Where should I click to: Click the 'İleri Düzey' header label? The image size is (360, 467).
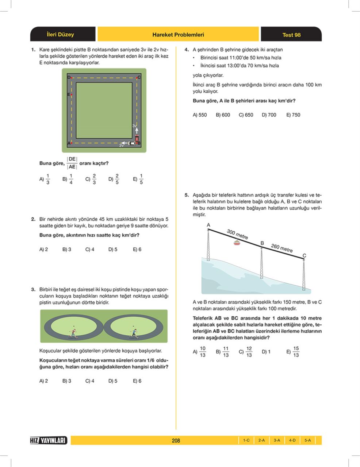[60, 35]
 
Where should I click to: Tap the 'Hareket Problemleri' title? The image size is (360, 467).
[178, 35]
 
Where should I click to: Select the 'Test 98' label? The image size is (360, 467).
[291, 35]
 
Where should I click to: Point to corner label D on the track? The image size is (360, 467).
[69, 77]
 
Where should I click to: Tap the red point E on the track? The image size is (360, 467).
[71, 95]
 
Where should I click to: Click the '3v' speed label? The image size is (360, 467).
[135, 126]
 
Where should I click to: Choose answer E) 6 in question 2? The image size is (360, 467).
[137, 250]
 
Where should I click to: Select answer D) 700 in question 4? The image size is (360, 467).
[269, 115]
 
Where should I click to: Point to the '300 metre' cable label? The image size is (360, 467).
[237, 234]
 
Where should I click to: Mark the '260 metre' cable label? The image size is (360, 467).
[282, 248]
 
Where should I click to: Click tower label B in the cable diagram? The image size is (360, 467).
[262, 243]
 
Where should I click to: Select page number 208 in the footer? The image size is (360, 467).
[176, 440]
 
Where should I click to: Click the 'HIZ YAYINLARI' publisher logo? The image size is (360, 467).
[49, 440]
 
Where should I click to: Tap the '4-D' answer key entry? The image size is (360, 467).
[292, 440]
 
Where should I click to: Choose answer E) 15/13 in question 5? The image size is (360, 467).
[293, 352]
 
